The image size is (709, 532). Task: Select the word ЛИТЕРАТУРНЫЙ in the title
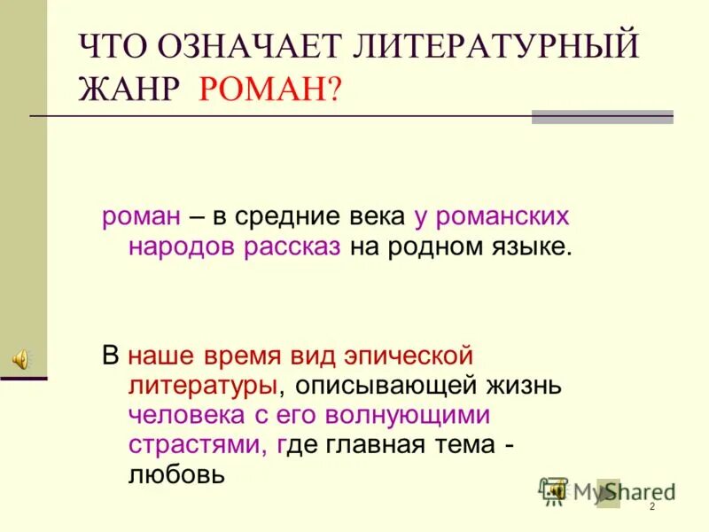tap(495, 45)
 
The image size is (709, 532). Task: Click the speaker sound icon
tap(19, 358)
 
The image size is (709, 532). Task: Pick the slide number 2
tap(651, 506)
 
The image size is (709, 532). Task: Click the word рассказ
tap(292, 246)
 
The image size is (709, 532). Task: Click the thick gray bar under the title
tap(602, 117)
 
